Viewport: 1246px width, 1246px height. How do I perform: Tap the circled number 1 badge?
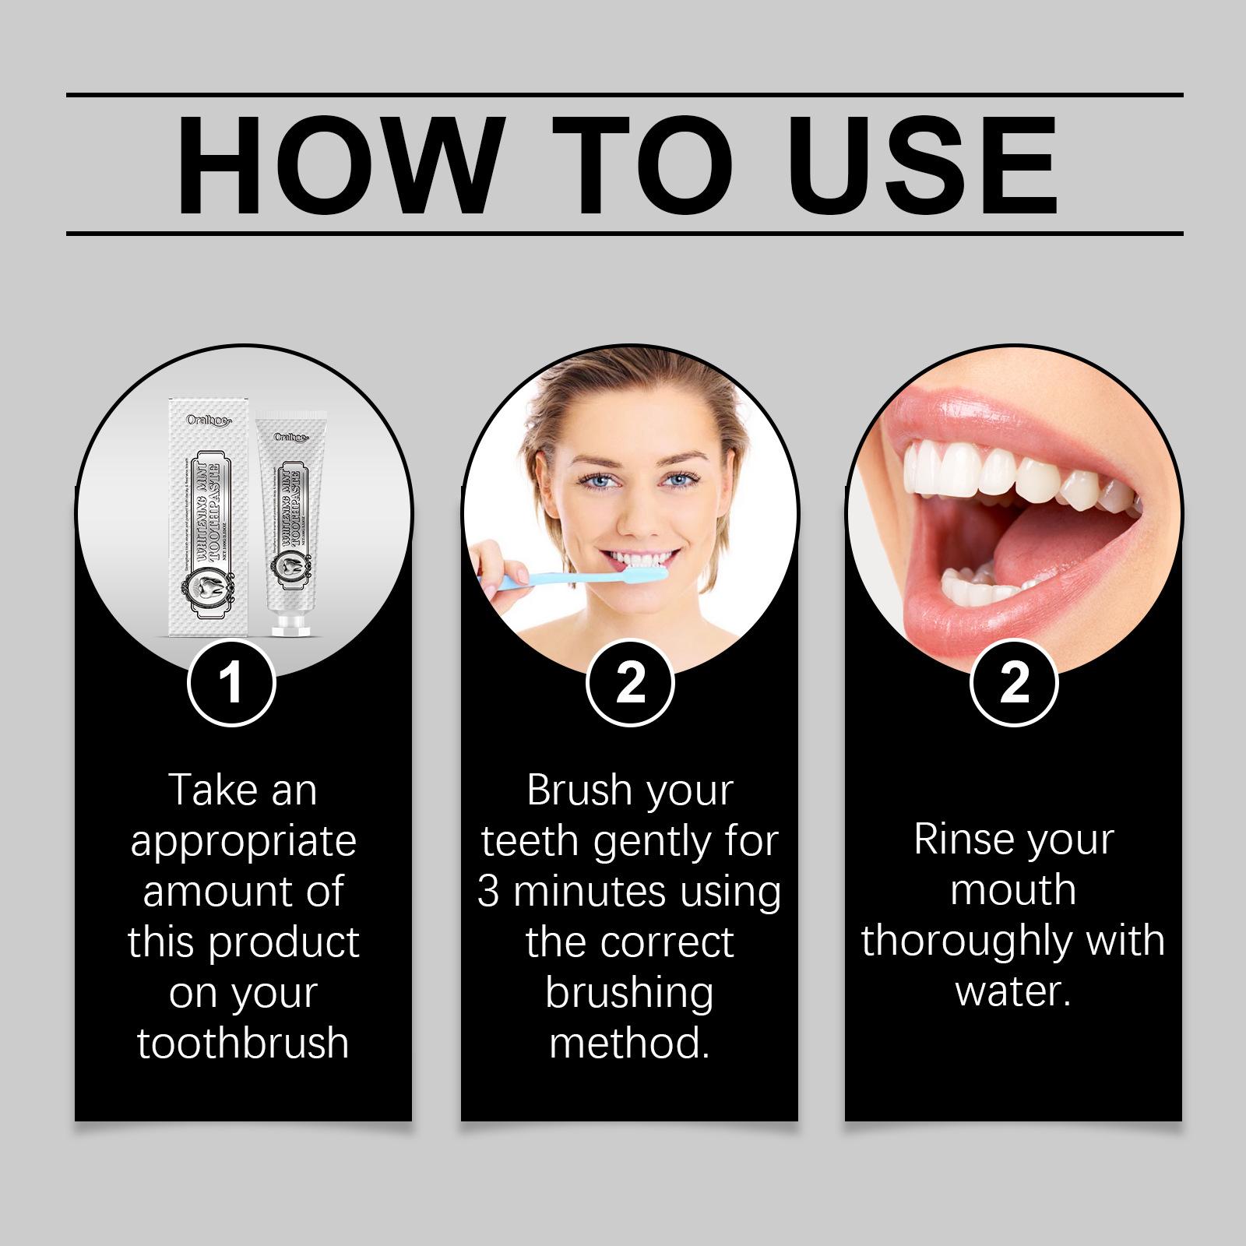[231, 683]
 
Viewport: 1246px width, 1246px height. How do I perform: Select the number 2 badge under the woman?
[629, 683]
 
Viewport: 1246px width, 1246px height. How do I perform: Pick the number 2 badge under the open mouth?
[1014, 683]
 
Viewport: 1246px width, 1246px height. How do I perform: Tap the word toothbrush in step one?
[243, 1043]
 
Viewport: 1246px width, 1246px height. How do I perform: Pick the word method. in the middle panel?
[629, 1043]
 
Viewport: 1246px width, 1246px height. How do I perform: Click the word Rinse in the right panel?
[955, 839]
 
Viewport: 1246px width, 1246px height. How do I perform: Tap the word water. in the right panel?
[1013, 991]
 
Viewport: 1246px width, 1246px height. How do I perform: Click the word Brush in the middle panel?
[578, 790]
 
